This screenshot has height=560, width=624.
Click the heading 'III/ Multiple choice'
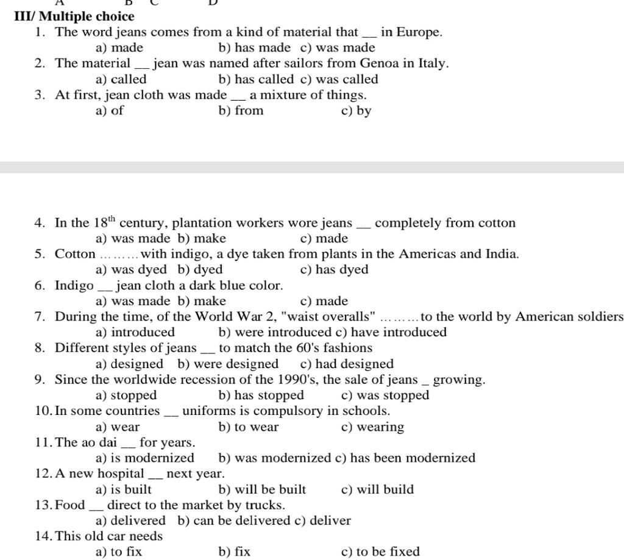pyautogui.click(x=74, y=16)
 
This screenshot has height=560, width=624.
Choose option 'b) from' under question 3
pyautogui.click(x=241, y=111)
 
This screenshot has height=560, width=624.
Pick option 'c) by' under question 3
pyautogui.click(x=356, y=111)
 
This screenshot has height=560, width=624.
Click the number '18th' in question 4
pyautogui.click(x=104, y=222)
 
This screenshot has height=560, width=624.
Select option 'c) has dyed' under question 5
pyautogui.click(x=335, y=270)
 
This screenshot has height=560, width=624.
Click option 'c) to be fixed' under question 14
pyautogui.click(x=381, y=552)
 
